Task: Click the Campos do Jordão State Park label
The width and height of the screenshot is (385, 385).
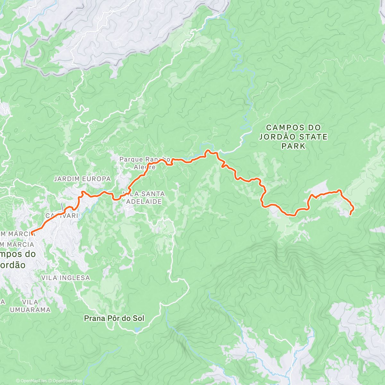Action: pos(293,137)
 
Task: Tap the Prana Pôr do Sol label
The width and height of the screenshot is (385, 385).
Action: pos(114,318)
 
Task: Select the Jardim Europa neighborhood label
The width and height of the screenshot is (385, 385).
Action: pos(82,179)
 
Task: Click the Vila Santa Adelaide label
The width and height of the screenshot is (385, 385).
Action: pos(143,198)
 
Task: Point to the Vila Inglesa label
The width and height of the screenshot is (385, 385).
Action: pos(65,278)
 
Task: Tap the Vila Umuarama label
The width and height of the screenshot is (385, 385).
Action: pos(30,306)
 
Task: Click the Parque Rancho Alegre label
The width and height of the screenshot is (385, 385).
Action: pos(145,163)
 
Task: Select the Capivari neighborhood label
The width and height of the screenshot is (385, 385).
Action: pos(62,216)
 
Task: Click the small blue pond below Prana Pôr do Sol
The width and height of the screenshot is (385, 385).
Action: pos(137,329)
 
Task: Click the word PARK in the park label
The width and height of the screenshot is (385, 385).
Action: pos(293,146)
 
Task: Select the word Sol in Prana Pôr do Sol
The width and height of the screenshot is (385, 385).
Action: pos(138,318)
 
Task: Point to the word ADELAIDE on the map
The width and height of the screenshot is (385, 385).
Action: pos(143,201)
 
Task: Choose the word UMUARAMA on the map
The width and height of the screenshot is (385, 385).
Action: pos(30,310)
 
